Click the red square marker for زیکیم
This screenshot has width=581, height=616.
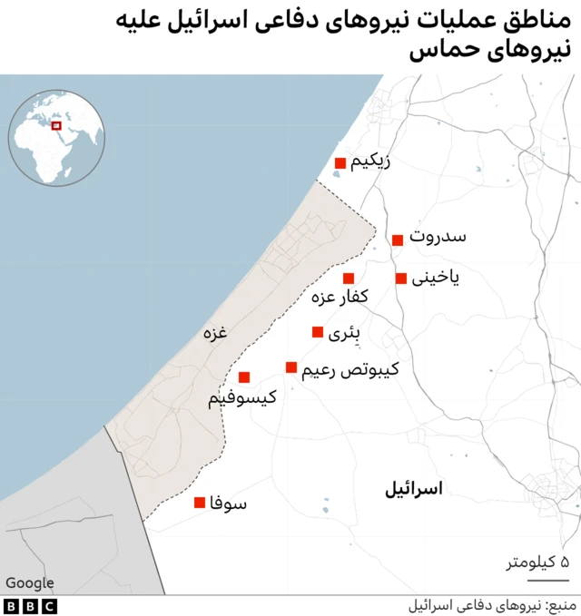point(340,163)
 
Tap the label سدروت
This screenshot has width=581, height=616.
point(438,238)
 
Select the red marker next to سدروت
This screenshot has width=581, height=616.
point(398,240)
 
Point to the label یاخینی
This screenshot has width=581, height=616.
point(436,278)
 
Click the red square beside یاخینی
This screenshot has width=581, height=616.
point(401,279)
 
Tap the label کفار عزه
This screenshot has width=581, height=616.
point(340,297)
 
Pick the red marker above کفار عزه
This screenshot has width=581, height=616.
point(348,279)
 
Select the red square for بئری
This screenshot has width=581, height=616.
point(317,332)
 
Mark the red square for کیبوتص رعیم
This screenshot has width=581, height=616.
point(291,367)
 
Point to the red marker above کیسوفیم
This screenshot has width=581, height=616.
point(243,377)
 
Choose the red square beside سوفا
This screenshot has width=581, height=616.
point(200,503)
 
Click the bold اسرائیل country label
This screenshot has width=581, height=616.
point(413,489)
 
